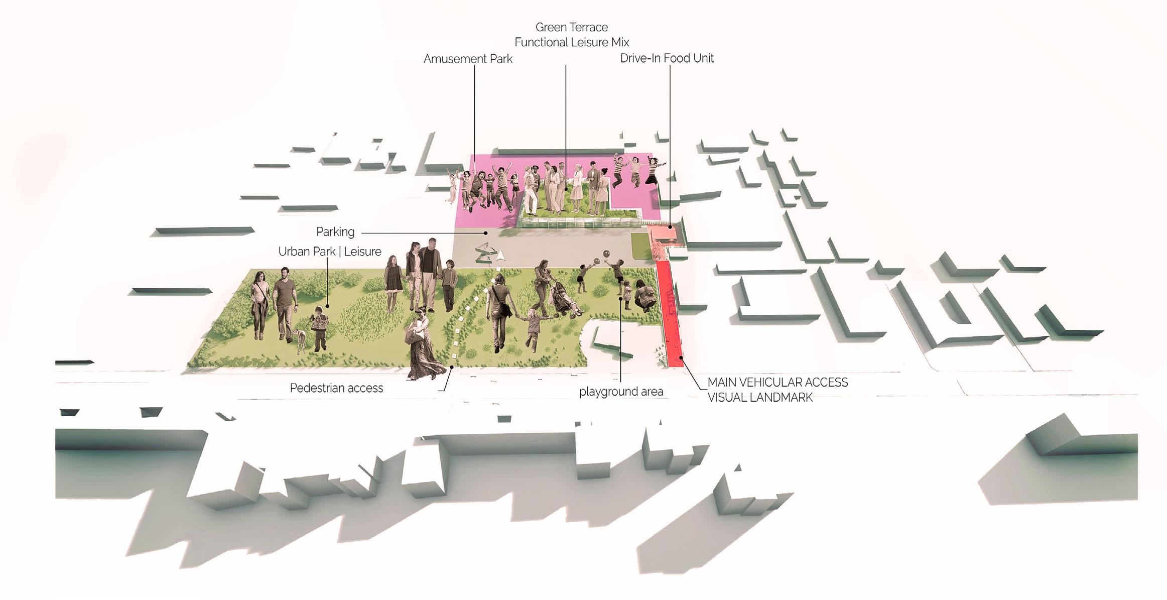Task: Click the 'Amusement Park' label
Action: click(x=468, y=59)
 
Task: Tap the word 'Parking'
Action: click(x=335, y=232)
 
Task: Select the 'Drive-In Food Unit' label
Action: click(x=667, y=58)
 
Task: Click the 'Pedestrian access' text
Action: click(x=336, y=388)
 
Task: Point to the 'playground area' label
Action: click(x=621, y=392)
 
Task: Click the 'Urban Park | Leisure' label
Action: click(x=330, y=252)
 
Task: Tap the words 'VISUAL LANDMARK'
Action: click(x=759, y=398)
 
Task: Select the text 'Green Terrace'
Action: click(x=571, y=27)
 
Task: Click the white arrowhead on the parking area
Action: click(x=500, y=256)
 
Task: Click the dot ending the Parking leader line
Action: click(x=486, y=233)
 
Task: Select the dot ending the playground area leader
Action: click(x=621, y=299)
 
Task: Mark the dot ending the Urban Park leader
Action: click(x=328, y=306)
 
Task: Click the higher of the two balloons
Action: click(x=606, y=253)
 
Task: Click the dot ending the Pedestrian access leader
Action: click(x=452, y=367)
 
